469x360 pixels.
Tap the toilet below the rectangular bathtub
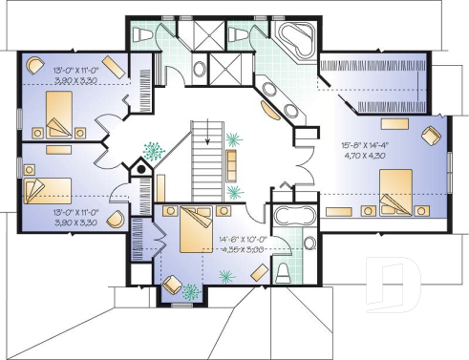(x=283, y=272)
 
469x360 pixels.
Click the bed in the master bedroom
(x=394, y=188)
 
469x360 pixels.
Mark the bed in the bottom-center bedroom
(x=196, y=225)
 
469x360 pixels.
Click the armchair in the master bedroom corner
(x=433, y=135)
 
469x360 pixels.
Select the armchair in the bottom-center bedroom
(x=174, y=284)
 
